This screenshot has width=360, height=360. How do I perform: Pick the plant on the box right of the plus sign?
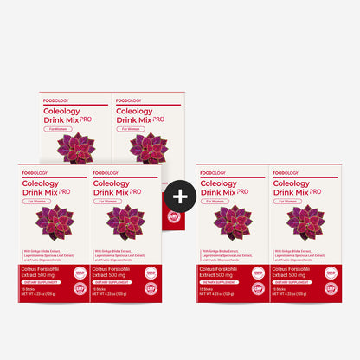click(232, 222)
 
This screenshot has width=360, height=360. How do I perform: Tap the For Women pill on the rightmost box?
click(289, 201)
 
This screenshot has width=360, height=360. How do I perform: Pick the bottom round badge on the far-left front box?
click(80, 289)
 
